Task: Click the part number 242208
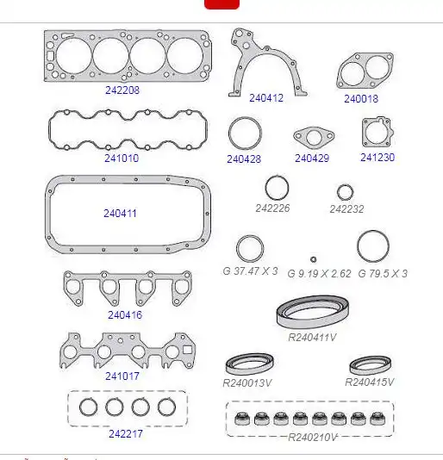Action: (x=122, y=90)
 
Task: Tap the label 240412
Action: (x=266, y=98)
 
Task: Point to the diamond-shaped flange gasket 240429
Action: (x=299, y=136)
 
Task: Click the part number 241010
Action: (x=122, y=159)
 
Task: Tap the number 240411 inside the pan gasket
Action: (x=120, y=214)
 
